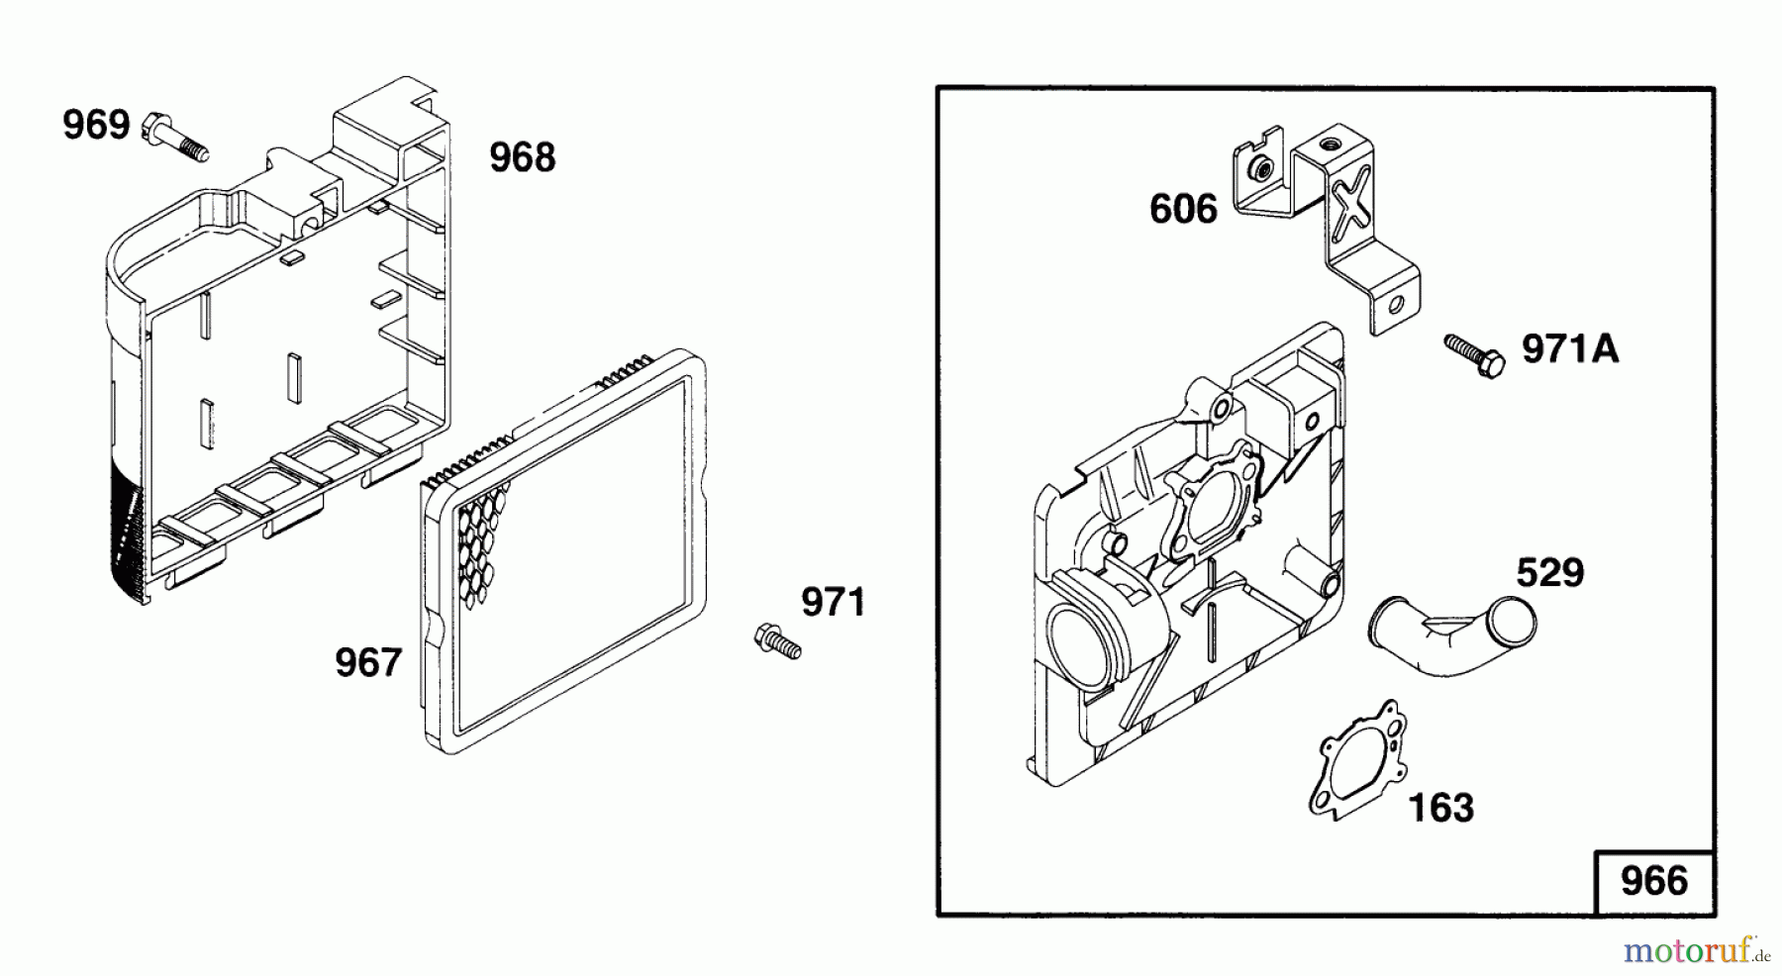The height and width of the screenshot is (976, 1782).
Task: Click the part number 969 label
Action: coord(96,126)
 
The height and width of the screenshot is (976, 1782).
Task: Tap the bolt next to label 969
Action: coord(177,138)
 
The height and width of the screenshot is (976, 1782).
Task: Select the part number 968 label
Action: coord(523,157)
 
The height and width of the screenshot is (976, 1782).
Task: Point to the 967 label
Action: coord(368,663)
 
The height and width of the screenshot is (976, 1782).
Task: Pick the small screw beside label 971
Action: coord(777,639)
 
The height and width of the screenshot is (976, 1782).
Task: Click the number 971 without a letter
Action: coord(833,602)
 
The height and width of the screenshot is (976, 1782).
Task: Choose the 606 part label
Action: coord(1183,210)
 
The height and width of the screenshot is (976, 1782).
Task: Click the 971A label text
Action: coord(1571,348)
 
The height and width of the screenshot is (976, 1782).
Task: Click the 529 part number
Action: coord(1550,573)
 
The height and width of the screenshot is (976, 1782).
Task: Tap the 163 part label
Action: coord(1440,809)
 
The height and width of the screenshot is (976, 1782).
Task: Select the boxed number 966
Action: coord(1654,881)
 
